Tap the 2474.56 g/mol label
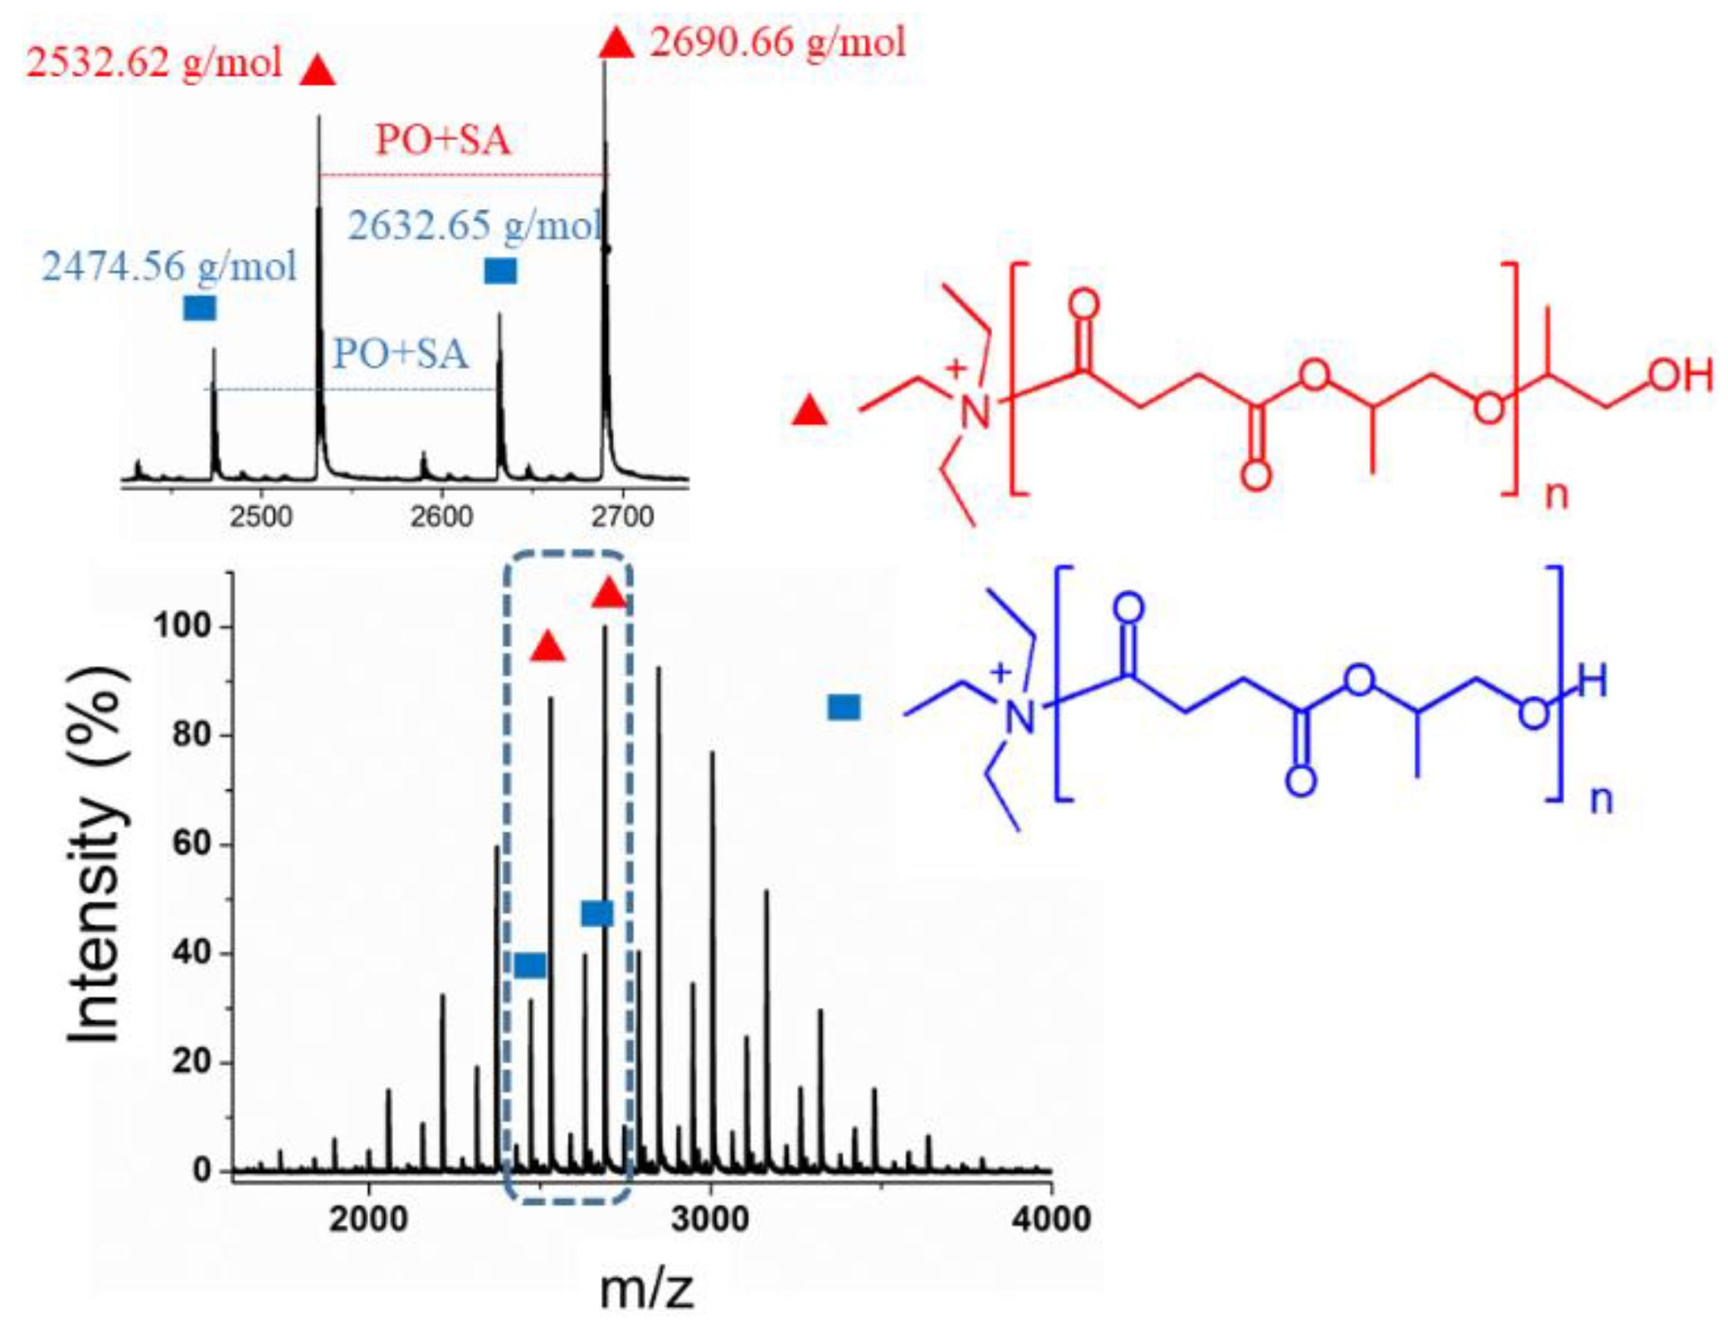coord(169,267)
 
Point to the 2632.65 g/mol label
coord(475,226)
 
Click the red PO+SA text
coord(443,140)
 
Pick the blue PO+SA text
coord(401,354)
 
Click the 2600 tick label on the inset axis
coord(441,517)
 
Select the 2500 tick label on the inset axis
coord(261,517)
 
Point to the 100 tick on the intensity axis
coord(182,626)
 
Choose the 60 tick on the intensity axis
coord(192,845)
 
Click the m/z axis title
coord(646,1290)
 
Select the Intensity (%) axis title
coord(97,855)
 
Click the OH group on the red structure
coord(1681,376)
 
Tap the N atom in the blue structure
coord(1020,718)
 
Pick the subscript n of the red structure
coord(1556,496)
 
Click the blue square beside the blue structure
coord(845,708)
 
